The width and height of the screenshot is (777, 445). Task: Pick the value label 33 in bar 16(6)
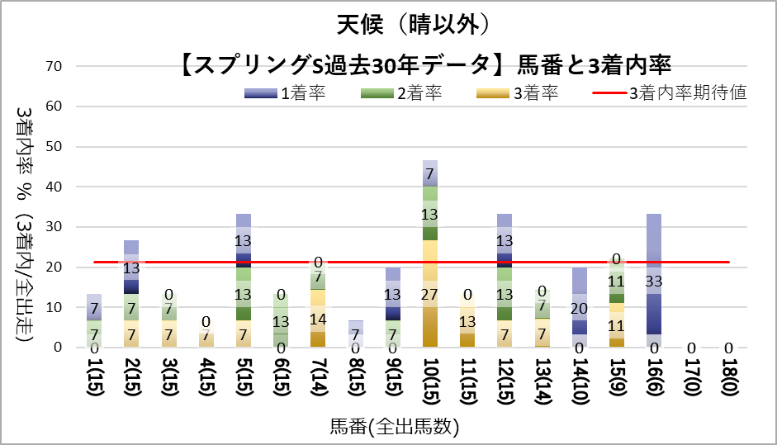653,281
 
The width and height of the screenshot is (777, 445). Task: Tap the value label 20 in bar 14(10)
580,308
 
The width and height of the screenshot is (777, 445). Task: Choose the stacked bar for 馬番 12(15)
505,281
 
